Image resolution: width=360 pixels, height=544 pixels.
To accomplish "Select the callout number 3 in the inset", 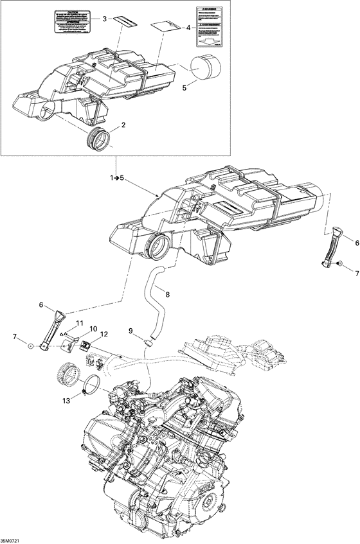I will pyautogui.click(x=104, y=19).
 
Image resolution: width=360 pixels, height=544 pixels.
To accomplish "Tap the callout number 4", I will pyautogui.click(x=188, y=28).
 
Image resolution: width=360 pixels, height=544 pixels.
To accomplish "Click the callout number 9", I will pyautogui.click(x=130, y=331).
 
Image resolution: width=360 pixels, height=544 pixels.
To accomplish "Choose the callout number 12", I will pyautogui.click(x=104, y=333).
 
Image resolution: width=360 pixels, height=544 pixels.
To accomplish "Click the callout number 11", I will pyautogui.click(x=80, y=322).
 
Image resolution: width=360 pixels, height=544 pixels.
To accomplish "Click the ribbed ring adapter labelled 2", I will pyautogui.click(x=96, y=139).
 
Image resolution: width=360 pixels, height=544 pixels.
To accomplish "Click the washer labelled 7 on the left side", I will pyautogui.click(x=30, y=347).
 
